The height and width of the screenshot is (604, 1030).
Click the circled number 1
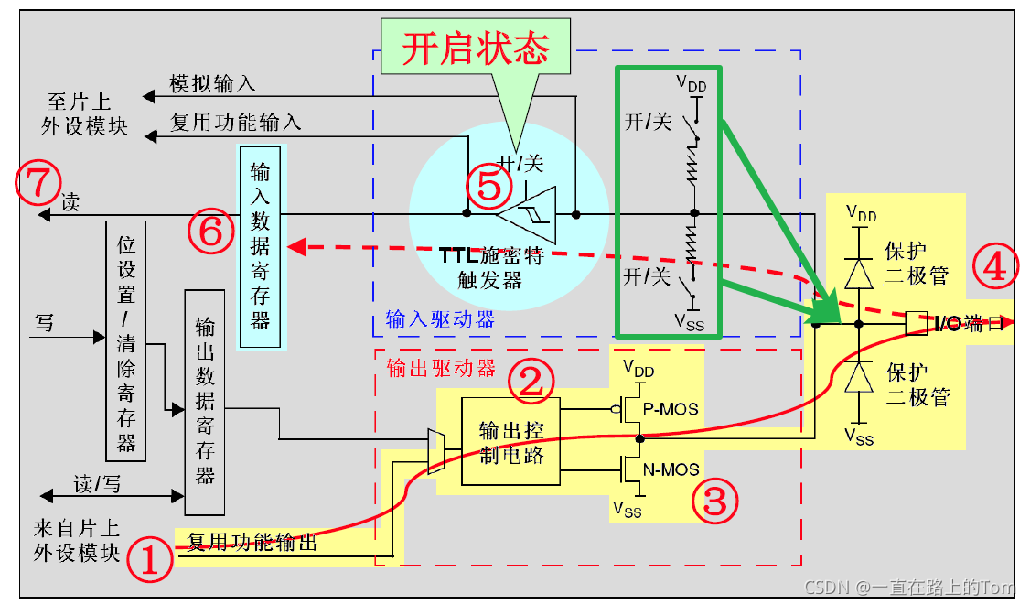point(150,559)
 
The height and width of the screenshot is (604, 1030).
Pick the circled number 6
point(210,232)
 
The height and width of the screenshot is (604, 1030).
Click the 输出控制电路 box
point(510,442)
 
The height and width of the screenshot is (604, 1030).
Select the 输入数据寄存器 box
point(261,245)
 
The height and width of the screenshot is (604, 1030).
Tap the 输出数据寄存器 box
point(205,402)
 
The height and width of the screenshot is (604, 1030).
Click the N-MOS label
point(672,469)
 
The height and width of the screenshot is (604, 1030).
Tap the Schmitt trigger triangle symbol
point(528,213)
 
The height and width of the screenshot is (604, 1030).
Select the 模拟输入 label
point(212,83)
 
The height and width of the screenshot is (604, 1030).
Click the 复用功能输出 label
point(252,542)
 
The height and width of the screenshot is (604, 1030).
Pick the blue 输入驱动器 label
point(440,319)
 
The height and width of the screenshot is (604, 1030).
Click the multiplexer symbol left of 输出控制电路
point(435,452)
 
